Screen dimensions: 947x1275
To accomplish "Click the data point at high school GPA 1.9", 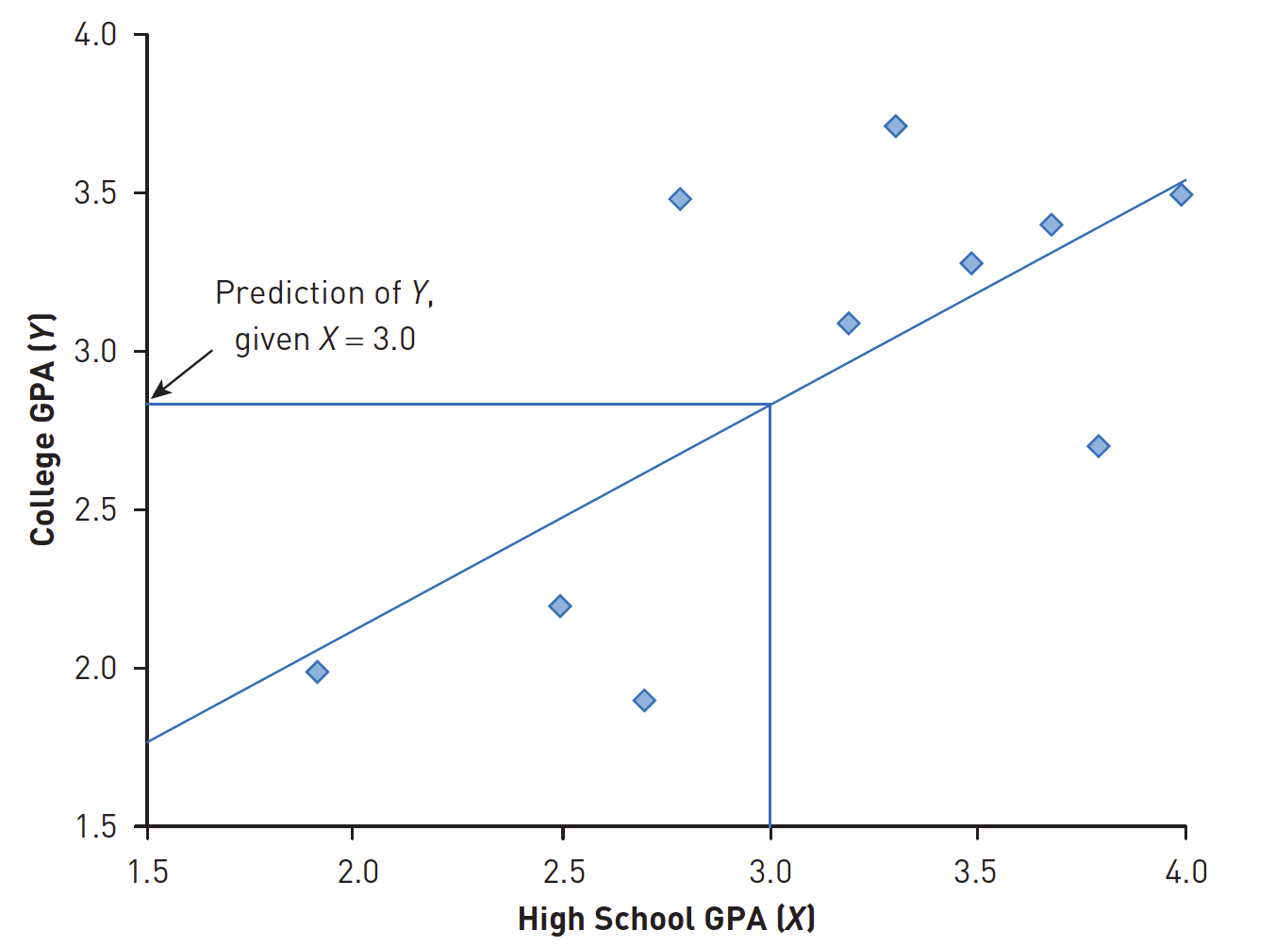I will pyautogui.click(x=317, y=672).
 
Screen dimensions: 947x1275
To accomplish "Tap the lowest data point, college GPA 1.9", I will pyautogui.click(x=644, y=700).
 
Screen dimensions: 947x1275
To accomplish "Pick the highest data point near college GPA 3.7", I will pyautogui.click(x=896, y=126).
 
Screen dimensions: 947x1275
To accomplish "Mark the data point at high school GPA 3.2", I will pyautogui.click(x=848, y=324).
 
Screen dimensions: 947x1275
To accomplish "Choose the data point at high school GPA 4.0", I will pyautogui.click(x=1181, y=194).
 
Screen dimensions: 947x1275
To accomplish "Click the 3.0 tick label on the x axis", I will pyautogui.click(x=770, y=872).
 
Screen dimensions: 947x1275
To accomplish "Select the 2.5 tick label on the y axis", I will pyautogui.click(x=95, y=509).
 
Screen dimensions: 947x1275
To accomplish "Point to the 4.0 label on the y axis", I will pyautogui.click(x=95, y=35).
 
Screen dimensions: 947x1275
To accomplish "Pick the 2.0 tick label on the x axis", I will pyautogui.click(x=357, y=872).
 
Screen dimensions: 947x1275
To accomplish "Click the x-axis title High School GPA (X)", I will pyautogui.click(x=666, y=919).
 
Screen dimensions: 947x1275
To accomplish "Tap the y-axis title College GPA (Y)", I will pyautogui.click(x=42, y=429).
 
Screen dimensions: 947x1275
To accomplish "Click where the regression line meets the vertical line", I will pyautogui.click(x=770, y=405).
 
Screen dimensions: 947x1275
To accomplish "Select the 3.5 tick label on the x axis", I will pyautogui.click(x=975, y=872).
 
